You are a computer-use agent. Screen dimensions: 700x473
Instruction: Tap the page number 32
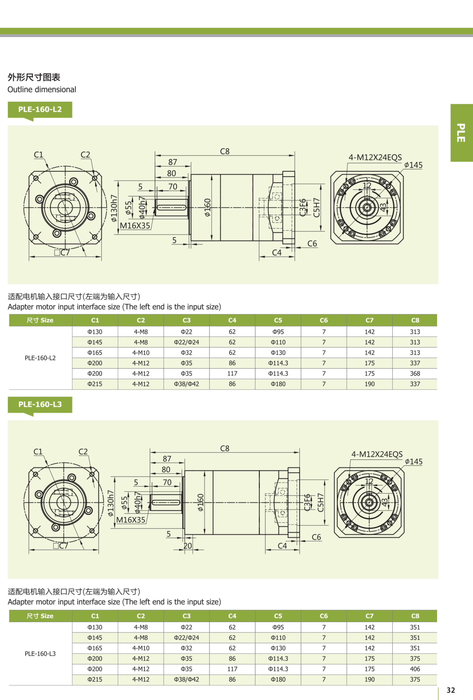[451, 690]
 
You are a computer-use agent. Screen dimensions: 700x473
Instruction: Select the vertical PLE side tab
[461, 133]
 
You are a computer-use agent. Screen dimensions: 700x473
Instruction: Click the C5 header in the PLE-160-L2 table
[278, 320]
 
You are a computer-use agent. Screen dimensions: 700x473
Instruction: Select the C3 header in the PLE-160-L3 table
[186, 616]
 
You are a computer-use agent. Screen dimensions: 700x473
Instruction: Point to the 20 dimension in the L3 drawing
[188, 546]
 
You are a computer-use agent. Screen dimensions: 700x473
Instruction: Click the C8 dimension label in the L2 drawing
[225, 151]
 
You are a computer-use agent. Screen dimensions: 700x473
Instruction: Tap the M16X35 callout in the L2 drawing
[135, 226]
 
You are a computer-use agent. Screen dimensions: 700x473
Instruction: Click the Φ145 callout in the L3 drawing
[414, 461]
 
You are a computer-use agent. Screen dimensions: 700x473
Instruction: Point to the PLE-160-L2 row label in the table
[40, 358]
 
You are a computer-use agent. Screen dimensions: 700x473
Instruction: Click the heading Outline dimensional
[42, 89]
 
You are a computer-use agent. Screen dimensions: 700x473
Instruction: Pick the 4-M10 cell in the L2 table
[141, 353]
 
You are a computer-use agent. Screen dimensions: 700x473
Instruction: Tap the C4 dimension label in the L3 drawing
[282, 546]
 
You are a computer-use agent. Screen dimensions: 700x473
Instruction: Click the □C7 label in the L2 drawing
[62, 252]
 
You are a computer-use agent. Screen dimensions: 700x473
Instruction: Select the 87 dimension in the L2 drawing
[173, 162]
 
